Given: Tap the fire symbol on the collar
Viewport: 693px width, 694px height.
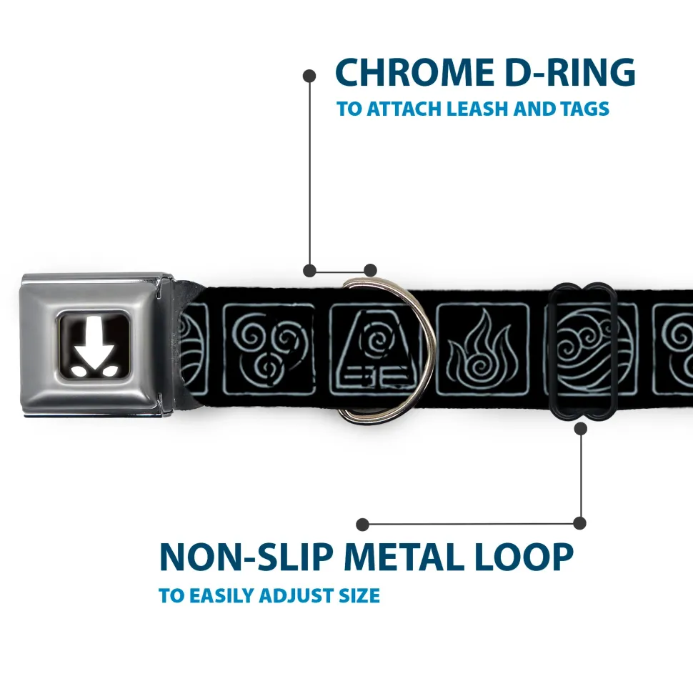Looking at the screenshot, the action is click(483, 349).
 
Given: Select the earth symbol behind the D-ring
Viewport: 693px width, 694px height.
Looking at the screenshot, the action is click(376, 350).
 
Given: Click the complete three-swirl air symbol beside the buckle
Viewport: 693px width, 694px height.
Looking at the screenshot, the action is click(269, 349).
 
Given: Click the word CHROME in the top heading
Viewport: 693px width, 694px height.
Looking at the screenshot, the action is click(414, 72).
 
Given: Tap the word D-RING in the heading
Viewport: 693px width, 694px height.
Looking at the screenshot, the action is click(570, 72).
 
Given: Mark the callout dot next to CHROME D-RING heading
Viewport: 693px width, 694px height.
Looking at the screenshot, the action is click(309, 76).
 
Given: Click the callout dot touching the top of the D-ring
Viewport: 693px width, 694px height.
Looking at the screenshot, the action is click(370, 270).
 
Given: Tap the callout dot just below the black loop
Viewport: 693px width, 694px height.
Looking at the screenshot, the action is click(581, 428).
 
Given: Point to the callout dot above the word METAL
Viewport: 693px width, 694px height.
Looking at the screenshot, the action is click(362, 525).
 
